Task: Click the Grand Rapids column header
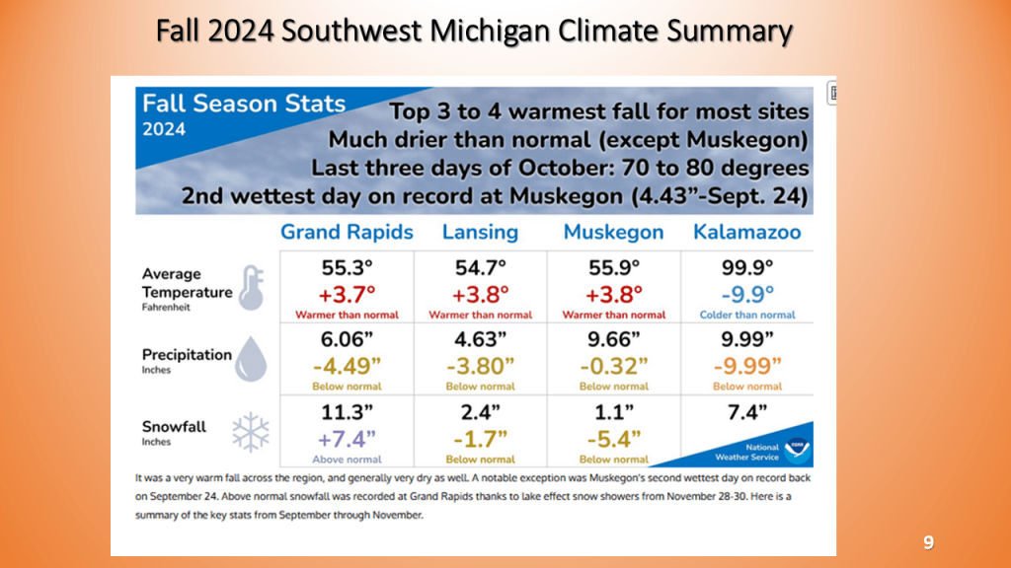click(x=347, y=233)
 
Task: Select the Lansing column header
click(x=480, y=233)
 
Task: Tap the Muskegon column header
click(x=613, y=233)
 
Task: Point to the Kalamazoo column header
click(x=747, y=233)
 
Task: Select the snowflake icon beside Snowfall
click(x=250, y=430)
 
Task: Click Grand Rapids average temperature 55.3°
click(x=347, y=267)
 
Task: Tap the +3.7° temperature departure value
click(x=347, y=294)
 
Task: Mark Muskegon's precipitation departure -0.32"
click(x=613, y=366)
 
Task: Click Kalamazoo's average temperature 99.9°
click(x=746, y=267)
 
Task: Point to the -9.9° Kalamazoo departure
click(x=746, y=294)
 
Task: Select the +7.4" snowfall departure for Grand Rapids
click(x=347, y=438)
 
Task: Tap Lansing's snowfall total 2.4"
click(x=480, y=411)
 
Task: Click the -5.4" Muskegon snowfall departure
click(x=613, y=438)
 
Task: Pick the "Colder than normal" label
click(x=747, y=315)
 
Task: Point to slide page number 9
click(x=928, y=542)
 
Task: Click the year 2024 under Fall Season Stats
click(x=164, y=129)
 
